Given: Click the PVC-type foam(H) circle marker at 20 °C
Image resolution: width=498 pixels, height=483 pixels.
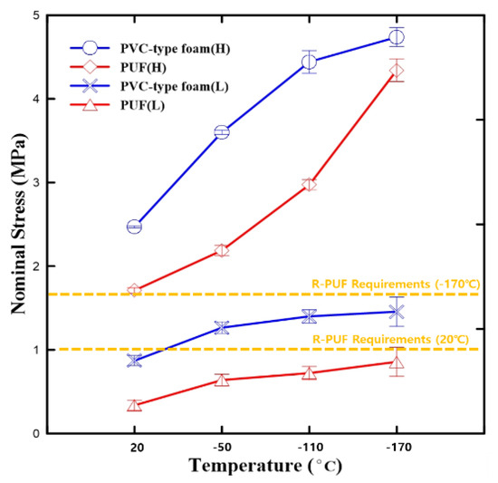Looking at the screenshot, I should (x=134, y=227).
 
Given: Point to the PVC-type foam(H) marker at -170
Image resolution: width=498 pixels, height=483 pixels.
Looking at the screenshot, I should (x=396, y=37).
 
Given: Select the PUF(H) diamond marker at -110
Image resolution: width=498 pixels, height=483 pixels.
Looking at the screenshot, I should (x=309, y=184).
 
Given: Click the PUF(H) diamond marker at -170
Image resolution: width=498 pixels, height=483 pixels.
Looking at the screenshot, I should (x=396, y=71).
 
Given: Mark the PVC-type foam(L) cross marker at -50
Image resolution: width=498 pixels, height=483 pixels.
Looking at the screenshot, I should (x=221, y=327).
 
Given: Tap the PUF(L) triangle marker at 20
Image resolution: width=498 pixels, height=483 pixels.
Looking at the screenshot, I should (x=134, y=405).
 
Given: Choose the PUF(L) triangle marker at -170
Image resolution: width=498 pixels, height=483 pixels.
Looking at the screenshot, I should (x=396, y=362).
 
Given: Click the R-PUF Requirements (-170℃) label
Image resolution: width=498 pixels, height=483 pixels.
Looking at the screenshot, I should (x=395, y=285).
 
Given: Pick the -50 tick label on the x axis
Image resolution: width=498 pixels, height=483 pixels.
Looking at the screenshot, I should (x=221, y=447).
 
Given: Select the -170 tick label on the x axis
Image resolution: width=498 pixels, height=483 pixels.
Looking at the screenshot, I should (x=396, y=447).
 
